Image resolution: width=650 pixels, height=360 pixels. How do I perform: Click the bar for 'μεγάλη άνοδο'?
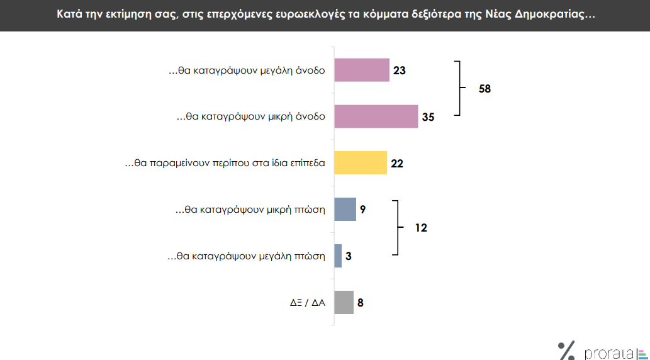[362, 70]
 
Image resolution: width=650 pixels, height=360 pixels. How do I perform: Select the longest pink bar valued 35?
[376, 116]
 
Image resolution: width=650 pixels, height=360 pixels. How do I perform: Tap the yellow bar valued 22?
[360, 163]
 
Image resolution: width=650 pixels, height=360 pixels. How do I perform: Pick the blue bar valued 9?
[345, 210]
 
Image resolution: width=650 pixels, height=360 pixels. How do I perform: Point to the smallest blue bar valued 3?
[338, 256]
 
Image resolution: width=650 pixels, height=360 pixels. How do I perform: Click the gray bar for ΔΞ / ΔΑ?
[344, 303]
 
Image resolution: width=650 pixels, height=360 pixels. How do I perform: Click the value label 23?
[399, 70]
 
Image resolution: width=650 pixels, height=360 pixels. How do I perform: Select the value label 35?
[428, 117]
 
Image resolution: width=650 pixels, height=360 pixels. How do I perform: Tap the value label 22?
[396, 164]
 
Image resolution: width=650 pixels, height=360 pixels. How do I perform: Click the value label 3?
[349, 257]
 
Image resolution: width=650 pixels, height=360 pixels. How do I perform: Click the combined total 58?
[485, 89]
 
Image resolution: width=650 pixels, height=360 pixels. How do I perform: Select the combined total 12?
[421, 228]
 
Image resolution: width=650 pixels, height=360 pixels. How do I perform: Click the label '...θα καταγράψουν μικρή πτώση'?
[250, 210]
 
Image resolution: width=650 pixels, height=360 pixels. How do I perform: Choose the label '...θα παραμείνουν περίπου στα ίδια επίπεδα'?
[225, 164]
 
